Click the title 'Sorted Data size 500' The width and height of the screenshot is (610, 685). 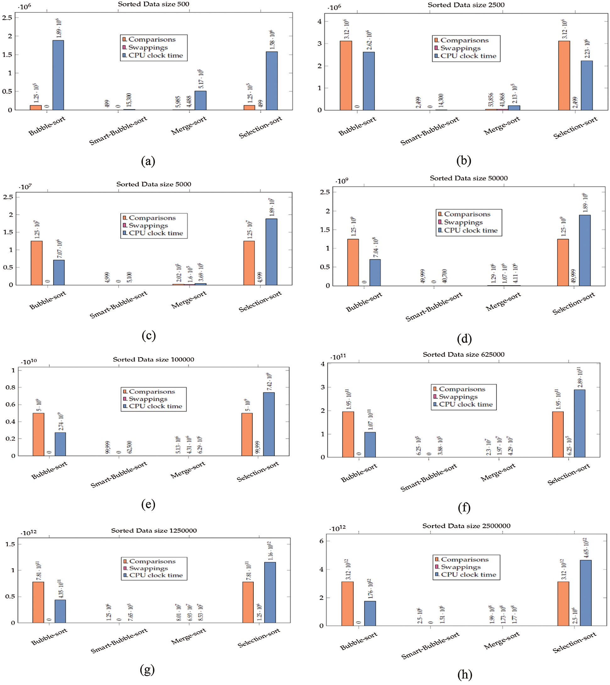coord(153,4)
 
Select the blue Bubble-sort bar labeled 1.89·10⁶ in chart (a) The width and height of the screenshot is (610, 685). coord(58,75)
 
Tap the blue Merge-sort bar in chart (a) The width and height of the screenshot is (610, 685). coord(200,100)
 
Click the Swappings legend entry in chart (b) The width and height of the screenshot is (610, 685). coord(460,48)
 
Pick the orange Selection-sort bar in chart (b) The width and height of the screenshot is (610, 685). coord(564,75)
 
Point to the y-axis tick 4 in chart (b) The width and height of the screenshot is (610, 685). coord(319,21)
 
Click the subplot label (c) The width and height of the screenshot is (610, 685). coord(148,335)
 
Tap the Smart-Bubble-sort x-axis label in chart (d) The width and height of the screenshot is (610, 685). coord(434,306)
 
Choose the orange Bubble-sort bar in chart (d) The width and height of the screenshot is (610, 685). coord(353,262)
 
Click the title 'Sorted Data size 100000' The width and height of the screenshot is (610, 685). coord(153,359)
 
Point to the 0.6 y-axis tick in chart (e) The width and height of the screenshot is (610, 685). coord(10,404)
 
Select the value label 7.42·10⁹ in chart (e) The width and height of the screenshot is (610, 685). coord(269,381)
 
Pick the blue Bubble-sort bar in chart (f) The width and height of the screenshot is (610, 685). coord(370,444)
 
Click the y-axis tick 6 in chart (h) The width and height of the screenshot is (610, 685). coord(321,541)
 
